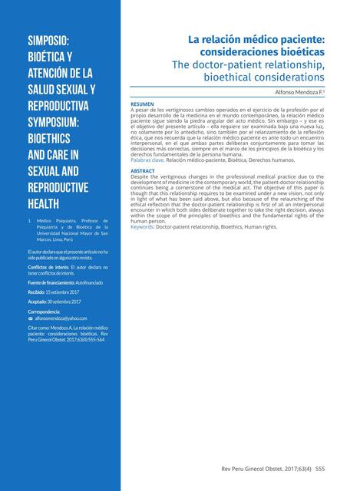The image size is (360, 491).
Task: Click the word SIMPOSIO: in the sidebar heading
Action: point(50,40)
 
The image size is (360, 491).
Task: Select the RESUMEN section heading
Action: point(142,104)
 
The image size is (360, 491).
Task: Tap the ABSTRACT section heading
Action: point(143,170)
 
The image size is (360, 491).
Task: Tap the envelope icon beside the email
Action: point(30,318)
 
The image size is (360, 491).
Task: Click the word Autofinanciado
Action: point(88,282)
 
